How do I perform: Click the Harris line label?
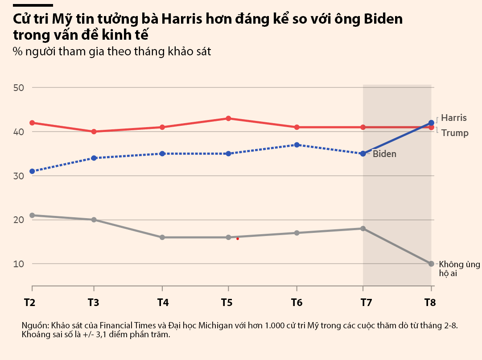(454, 118)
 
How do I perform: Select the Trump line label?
(455, 133)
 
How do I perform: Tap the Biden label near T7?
(384, 154)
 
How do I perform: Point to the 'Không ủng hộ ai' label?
(459, 269)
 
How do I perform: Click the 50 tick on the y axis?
(18, 87)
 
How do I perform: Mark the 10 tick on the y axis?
(18, 264)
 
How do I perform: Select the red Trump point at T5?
(228, 118)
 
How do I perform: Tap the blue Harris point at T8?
(431, 123)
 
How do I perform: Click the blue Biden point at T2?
(32, 171)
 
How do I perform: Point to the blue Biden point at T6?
(297, 145)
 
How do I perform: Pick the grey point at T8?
(431, 264)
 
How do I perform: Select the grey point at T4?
(162, 237)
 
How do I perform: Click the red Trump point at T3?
(94, 132)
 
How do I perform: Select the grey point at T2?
(32, 215)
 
